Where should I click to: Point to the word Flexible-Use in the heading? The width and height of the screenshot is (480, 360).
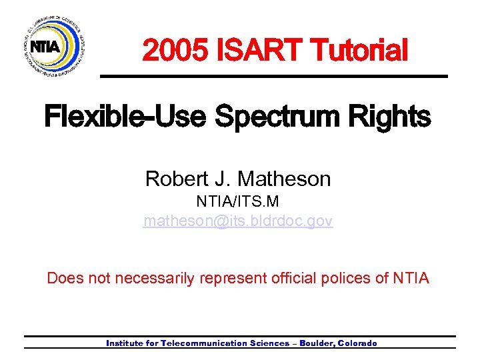point(127,118)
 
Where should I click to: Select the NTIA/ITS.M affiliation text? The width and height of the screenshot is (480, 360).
point(238,201)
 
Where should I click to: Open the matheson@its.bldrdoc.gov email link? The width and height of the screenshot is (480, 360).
point(238,221)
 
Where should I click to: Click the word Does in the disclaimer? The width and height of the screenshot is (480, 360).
point(65,277)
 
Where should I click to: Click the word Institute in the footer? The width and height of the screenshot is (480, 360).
point(123,343)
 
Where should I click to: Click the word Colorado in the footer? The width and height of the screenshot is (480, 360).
point(358,343)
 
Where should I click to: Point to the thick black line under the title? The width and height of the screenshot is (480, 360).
point(273,77)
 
